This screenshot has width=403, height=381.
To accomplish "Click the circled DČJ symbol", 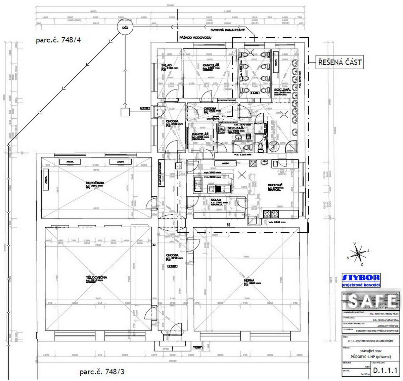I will click(x=125, y=28).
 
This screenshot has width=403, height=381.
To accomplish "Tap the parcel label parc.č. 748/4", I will click(x=58, y=40).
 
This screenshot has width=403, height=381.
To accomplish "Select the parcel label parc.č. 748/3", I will click(x=102, y=372).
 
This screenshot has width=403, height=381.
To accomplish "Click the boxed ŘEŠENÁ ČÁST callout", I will click(x=340, y=62).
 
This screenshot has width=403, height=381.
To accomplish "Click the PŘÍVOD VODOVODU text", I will click(x=195, y=38).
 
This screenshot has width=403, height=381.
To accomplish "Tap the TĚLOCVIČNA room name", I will click(x=96, y=277).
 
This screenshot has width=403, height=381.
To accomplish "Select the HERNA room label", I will click(x=249, y=280).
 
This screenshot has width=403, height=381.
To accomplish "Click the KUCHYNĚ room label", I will click(x=275, y=185).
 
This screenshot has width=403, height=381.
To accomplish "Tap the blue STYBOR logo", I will click(x=361, y=278).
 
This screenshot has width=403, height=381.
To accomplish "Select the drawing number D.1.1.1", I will click(x=385, y=371).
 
